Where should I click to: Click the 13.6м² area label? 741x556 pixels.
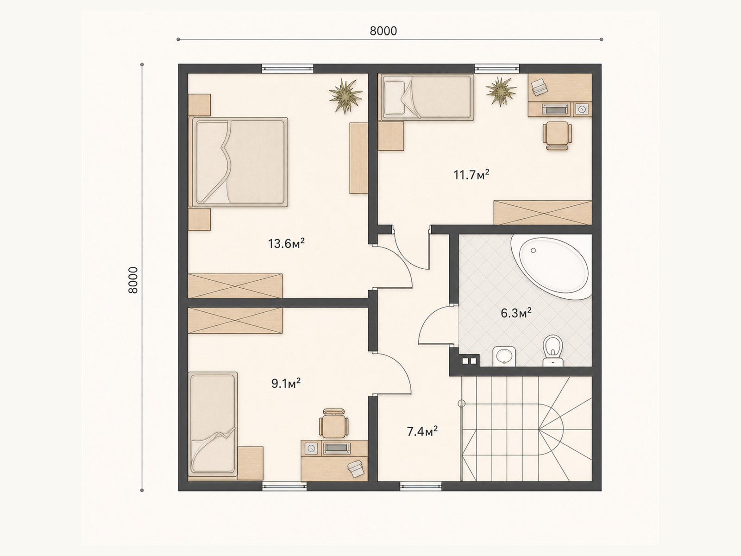tap(286, 243)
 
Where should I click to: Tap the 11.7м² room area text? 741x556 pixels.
tap(471, 175)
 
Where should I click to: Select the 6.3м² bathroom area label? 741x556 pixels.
tap(516, 313)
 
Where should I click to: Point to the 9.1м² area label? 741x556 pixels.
tap(286, 383)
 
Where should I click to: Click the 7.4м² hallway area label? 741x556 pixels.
tap(422, 431)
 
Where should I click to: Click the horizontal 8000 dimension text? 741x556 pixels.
tap(383, 31)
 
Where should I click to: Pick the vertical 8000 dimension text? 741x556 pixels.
tap(133, 280)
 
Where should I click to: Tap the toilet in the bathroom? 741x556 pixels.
tap(553, 351)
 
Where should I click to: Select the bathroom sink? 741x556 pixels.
tap(504, 356)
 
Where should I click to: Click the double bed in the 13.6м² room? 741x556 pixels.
tap(239, 162)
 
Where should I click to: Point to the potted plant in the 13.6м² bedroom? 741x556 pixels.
tap(345, 96)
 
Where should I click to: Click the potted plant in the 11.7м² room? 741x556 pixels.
tap(501, 91)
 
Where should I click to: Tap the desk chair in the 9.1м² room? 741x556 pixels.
tap(334, 423)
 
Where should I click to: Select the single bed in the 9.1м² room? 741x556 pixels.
tap(213, 424)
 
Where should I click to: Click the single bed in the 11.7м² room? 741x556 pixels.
tap(427, 97)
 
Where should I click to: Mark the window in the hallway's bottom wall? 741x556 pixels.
tap(421, 486)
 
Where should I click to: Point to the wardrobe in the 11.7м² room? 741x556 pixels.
tap(543, 213)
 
